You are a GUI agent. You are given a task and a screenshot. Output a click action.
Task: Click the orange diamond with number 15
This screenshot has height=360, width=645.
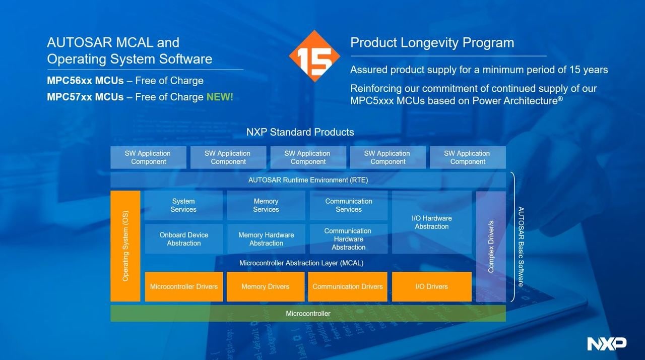314,56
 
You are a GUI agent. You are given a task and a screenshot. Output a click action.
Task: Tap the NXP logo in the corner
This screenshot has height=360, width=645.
607,343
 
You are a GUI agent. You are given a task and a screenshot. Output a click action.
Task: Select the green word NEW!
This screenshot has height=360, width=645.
220,97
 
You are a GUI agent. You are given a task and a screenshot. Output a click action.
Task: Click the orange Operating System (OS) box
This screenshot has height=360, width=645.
125,246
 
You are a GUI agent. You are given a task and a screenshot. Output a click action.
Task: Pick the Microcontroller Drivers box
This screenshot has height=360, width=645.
184,286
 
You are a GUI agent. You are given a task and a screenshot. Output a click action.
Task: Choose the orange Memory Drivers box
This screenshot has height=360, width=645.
266,286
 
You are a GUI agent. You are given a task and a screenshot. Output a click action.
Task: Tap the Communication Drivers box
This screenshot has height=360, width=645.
348,286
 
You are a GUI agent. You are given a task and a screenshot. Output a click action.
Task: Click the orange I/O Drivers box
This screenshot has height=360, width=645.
432,286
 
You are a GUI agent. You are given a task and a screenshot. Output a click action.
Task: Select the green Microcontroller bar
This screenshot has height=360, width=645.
308,314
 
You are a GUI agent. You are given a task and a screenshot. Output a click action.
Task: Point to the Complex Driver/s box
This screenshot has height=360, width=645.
491,246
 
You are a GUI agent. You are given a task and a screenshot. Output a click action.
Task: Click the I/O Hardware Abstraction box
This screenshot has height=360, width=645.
432,222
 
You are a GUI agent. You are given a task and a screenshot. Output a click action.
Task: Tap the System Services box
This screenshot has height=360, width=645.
183,205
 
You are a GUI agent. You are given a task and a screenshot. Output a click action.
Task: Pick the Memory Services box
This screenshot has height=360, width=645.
266,205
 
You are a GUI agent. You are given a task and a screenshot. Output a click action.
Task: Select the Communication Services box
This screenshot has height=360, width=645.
349,205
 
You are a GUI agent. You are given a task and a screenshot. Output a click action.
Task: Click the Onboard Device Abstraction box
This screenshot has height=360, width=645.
183,239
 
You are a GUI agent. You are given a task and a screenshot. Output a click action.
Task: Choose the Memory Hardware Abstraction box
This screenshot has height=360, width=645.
266,239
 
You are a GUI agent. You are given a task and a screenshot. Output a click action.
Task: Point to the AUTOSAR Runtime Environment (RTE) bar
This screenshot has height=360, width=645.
308,180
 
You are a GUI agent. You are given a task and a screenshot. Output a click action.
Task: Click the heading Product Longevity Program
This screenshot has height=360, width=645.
432,43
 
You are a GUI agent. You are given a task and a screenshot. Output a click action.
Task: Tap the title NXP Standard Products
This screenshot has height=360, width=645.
300,132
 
